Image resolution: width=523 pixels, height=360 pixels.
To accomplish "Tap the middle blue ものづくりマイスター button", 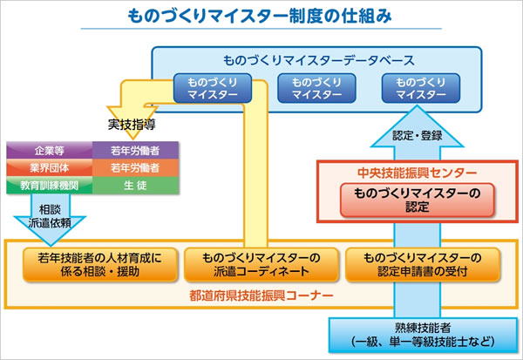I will [311, 88].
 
